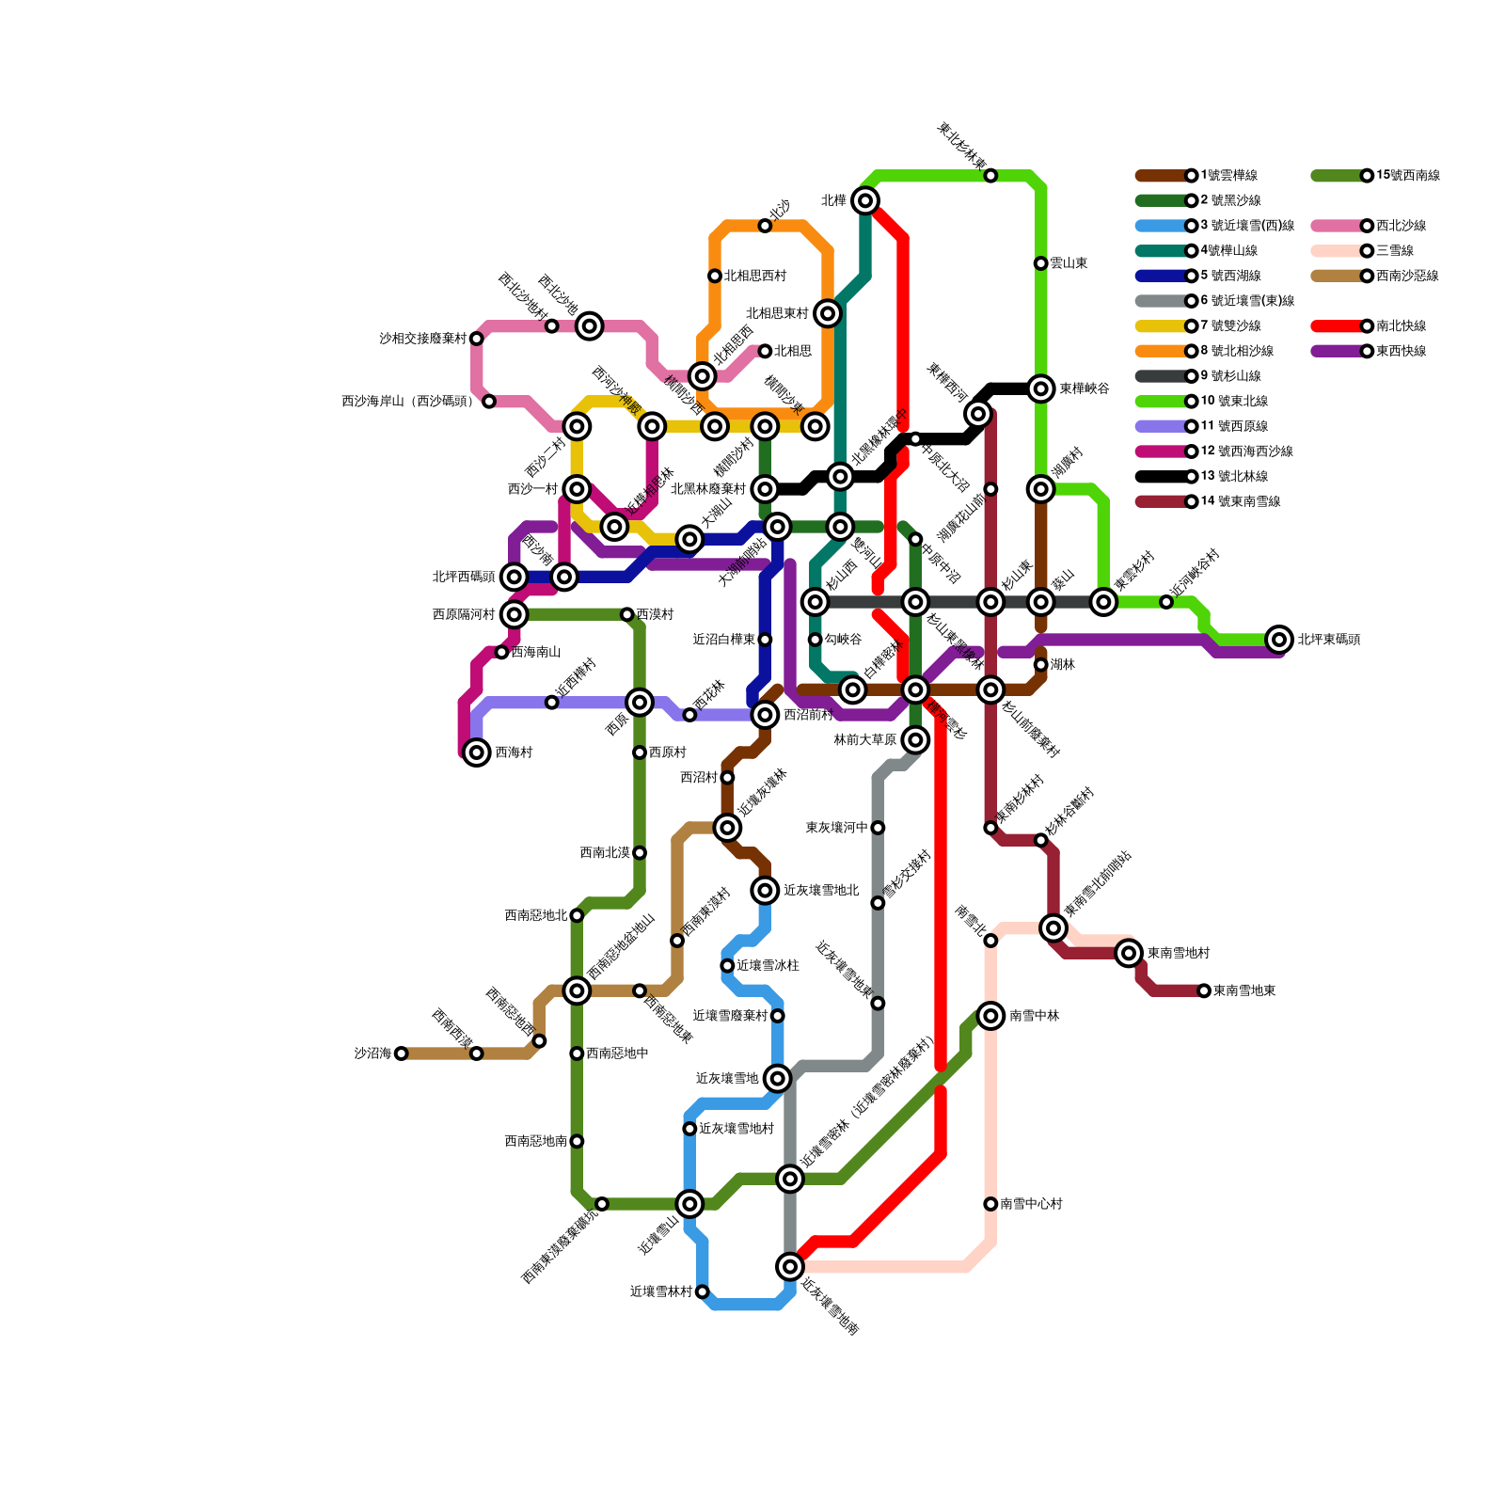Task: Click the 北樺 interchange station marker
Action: [865, 200]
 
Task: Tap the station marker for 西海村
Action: [477, 752]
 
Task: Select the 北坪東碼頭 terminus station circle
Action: [1278, 640]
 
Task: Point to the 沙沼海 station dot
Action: [402, 1053]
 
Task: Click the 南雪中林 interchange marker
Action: [990, 1016]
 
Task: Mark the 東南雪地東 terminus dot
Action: [1204, 990]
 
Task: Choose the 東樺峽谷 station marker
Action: [1040, 388]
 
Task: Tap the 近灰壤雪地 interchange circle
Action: [777, 1078]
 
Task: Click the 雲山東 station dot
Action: [1040, 263]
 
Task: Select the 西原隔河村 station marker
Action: [514, 614]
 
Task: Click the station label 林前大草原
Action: [864, 740]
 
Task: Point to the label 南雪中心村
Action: [1031, 1204]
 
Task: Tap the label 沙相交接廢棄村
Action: [422, 339]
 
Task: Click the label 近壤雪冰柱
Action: [768, 966]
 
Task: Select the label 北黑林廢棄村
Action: [707, 489]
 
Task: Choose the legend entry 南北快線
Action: [1401, 326]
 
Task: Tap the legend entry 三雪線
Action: [1394, 251]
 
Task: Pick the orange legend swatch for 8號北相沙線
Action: [1162, 351]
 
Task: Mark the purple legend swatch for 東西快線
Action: [1338, 351]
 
